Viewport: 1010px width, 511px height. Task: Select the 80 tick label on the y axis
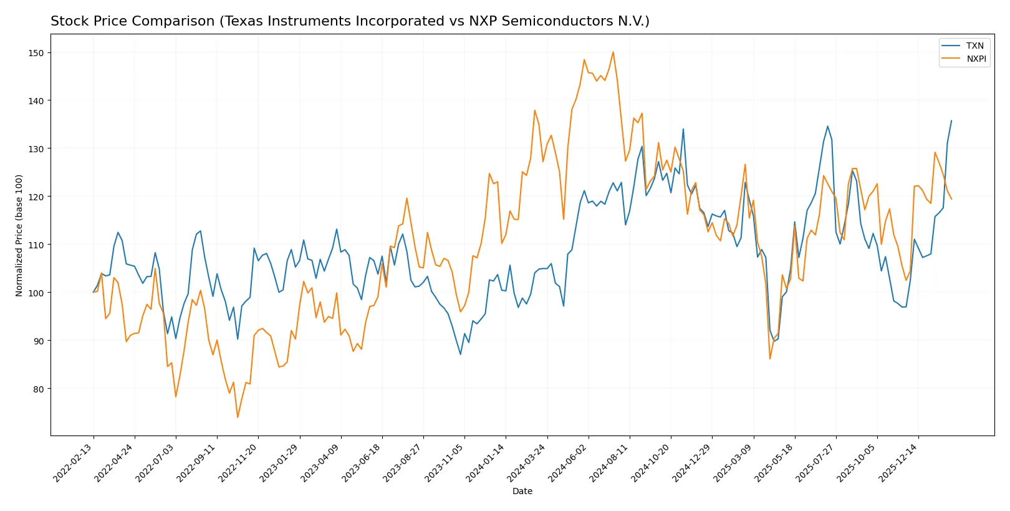tap(39, 389)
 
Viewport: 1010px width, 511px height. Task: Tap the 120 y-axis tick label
tap(36, 197)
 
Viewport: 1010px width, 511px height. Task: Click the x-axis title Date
tap(522, 491)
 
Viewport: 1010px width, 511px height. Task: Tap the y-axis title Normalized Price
tap(19, 235)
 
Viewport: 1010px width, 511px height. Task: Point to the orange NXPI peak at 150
tap(613, 52)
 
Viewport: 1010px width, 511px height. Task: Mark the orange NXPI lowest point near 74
tap(238, 417)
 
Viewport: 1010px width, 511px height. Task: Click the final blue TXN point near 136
tap(951, 120)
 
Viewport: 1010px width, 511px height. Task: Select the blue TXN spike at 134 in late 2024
tap(683, 129)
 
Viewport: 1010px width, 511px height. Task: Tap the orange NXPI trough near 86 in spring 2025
tap(770, 359)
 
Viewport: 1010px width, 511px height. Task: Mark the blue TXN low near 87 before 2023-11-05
tap(461, 354)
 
